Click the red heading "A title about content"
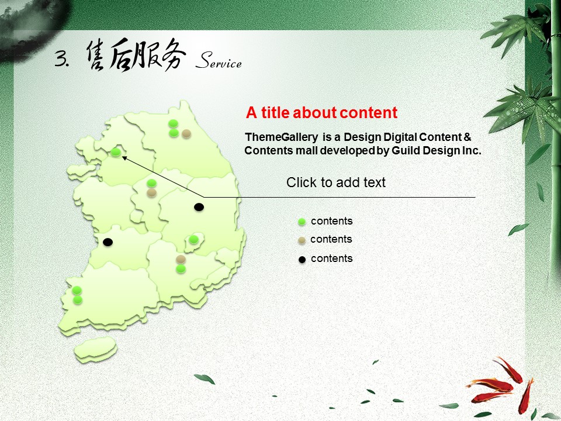pyautogui.click(x=321, y=113)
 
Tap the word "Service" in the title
pyautogui.click(x=219, y=60)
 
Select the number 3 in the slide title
pyautogui.click(x=61, y=58)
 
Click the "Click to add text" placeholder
pyautogui.click(x=335, y=182)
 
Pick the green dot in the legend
pyautogui.click(x=302, y=222)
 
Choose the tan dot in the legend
pyautogui.click(x=302, y=240)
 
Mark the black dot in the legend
pyautogui.click(x=302, y=260)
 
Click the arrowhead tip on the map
pyautogui.click(x=122, y=156)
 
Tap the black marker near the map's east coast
pyautogui.click(x=199, y=207)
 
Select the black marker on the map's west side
pyautogui.click(x=108, y=242)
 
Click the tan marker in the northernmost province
pyautogui.click(x=186, y=134)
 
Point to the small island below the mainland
pyautogui.click(x=95, y=348)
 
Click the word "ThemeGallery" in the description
pyautogui.click(x=281, y=137)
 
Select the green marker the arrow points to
pyautogui.click(x=115, y=152)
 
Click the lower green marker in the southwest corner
pyautogui.click(x=78, y=299)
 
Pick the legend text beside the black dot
pyautogui.click(x=332, y=258)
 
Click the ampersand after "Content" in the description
pyautogui.click(x=467, y=137)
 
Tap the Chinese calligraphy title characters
pyautogui.click(x=136, y=56)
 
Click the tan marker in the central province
pyautogui.click(x=152, y=193)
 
